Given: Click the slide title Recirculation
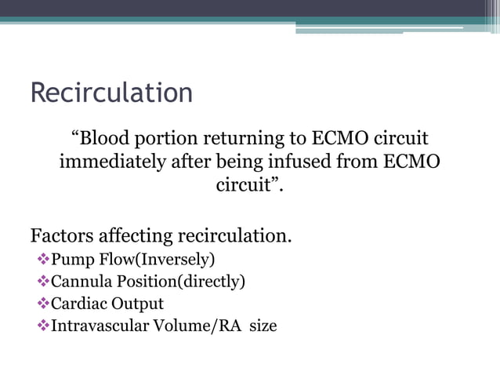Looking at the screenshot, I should pyautogui.click(x=111, y=93).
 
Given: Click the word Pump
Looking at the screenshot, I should pyautogui.click(x=70, y=259).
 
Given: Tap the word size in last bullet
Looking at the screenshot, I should pyautogui.click(x=263, y=325).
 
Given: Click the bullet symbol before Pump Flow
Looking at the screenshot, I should pyautogui.click(x=43, y=259).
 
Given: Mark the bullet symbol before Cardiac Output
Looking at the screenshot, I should pyautogui.click(x=43, y=303).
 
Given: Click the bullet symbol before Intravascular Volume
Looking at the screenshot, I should pyautogui.click(x=43, y=325).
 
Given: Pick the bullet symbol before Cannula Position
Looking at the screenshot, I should pyautogui.click(x=43, y=281).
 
